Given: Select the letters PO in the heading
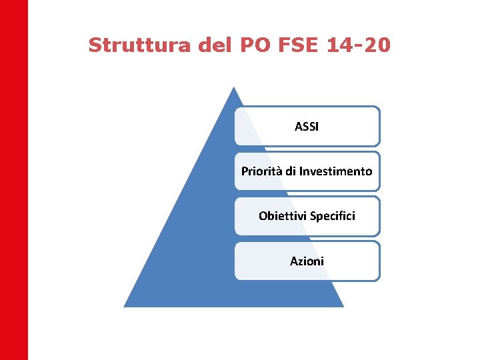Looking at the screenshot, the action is tap(248, 45).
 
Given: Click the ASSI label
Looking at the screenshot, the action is tap(307, 126).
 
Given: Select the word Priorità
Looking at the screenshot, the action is tap(262, 171).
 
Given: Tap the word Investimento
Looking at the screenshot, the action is tap(335, 171).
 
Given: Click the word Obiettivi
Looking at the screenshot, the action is tap(282, 216).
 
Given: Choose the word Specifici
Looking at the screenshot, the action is tap(332, 216).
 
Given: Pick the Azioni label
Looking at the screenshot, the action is tap(307, 261).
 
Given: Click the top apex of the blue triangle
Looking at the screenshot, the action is tap(233, 87).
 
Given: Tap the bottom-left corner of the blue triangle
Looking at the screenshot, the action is tap(125, 306).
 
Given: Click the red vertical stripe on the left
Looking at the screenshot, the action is tap(14, 180).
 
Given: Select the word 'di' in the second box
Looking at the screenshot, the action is tap(291, 171).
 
